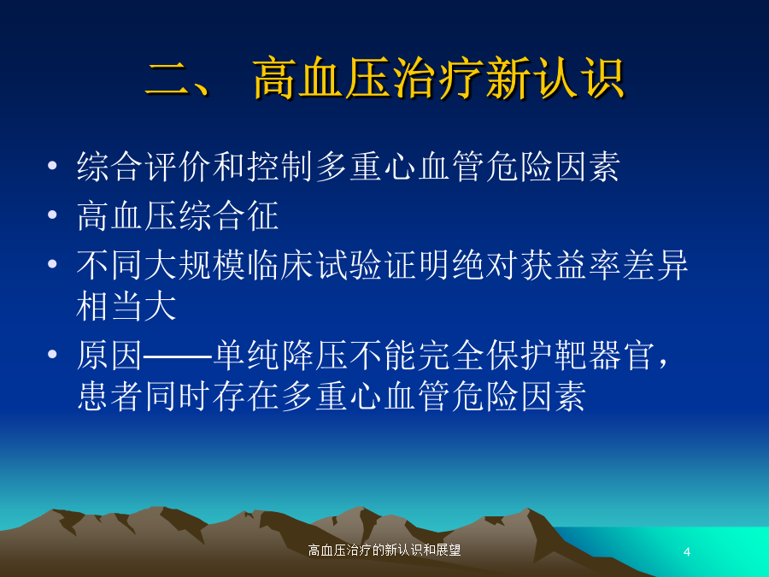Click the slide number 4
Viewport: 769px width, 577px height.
(x=687, y=552)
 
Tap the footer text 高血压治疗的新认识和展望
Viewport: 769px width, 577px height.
(x=384, y=550)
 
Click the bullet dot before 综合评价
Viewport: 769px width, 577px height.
(x=52, y=165)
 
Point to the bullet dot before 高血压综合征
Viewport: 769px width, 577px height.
(x=52, y=215)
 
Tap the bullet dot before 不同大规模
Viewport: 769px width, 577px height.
(x=52, y=264)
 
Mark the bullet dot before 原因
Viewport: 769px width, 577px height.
(x=52, y=354)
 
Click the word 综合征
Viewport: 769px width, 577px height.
(x=229, y=215)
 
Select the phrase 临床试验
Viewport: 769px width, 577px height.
(x=314, y=265)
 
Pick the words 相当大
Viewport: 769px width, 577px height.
(x=126, y=306)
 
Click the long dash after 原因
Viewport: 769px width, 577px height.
(x=178, y=356)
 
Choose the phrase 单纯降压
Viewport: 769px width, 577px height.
(x=280, y=356)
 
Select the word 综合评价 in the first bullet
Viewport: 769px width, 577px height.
(x=144, y=167)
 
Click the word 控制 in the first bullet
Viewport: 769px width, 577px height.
(x=280, y=167)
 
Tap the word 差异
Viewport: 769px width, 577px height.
(x=655, y=265)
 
